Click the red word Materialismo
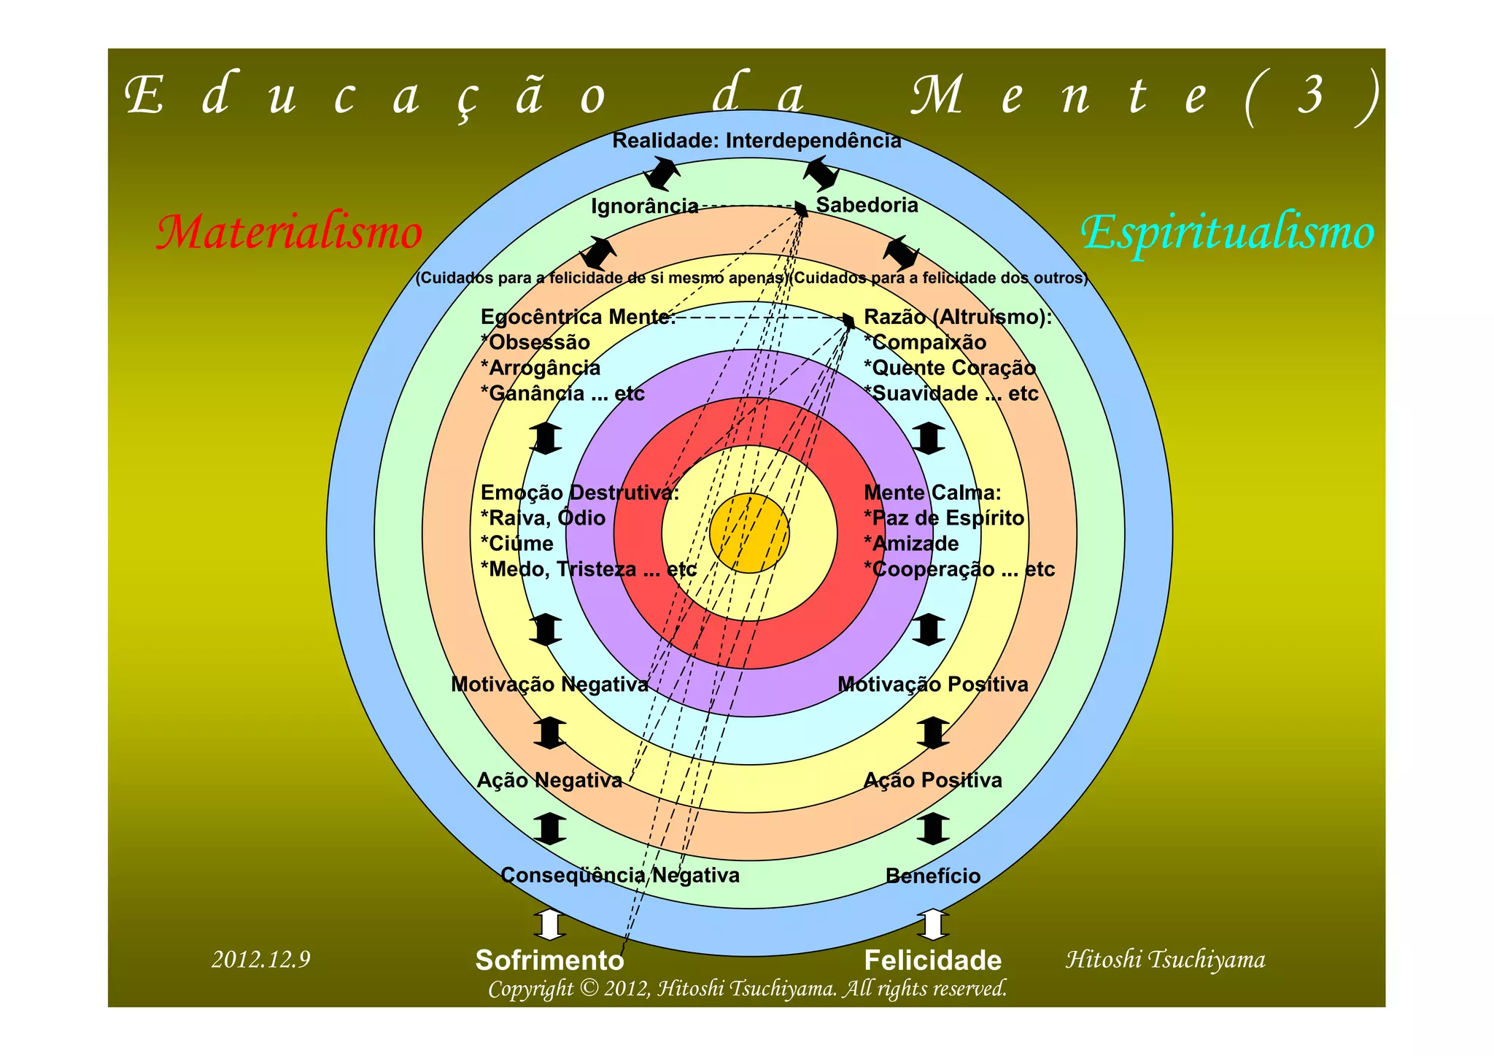click(290, 233)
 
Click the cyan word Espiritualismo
click(1227, 233)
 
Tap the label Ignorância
click(644, 207)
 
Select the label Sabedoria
click(867, 205)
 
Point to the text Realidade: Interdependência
click(756, 141)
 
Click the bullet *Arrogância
click(541, 368)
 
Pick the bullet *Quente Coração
click(949, 368)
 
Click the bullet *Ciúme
click(516, 544)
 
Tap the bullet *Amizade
click(911, 544)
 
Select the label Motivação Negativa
click(549, 685)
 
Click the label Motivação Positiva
click(932, 685)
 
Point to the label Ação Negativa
click(549, 780)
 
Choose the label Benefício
click(932, 876)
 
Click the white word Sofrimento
click(549, 960)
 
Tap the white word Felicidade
click(932, 960)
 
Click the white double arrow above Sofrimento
click(549, 925)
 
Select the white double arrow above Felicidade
click(932, 925)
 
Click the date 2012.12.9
click(260, 959)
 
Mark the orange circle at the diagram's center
click(749, 533)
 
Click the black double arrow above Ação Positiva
click(932, 733)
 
